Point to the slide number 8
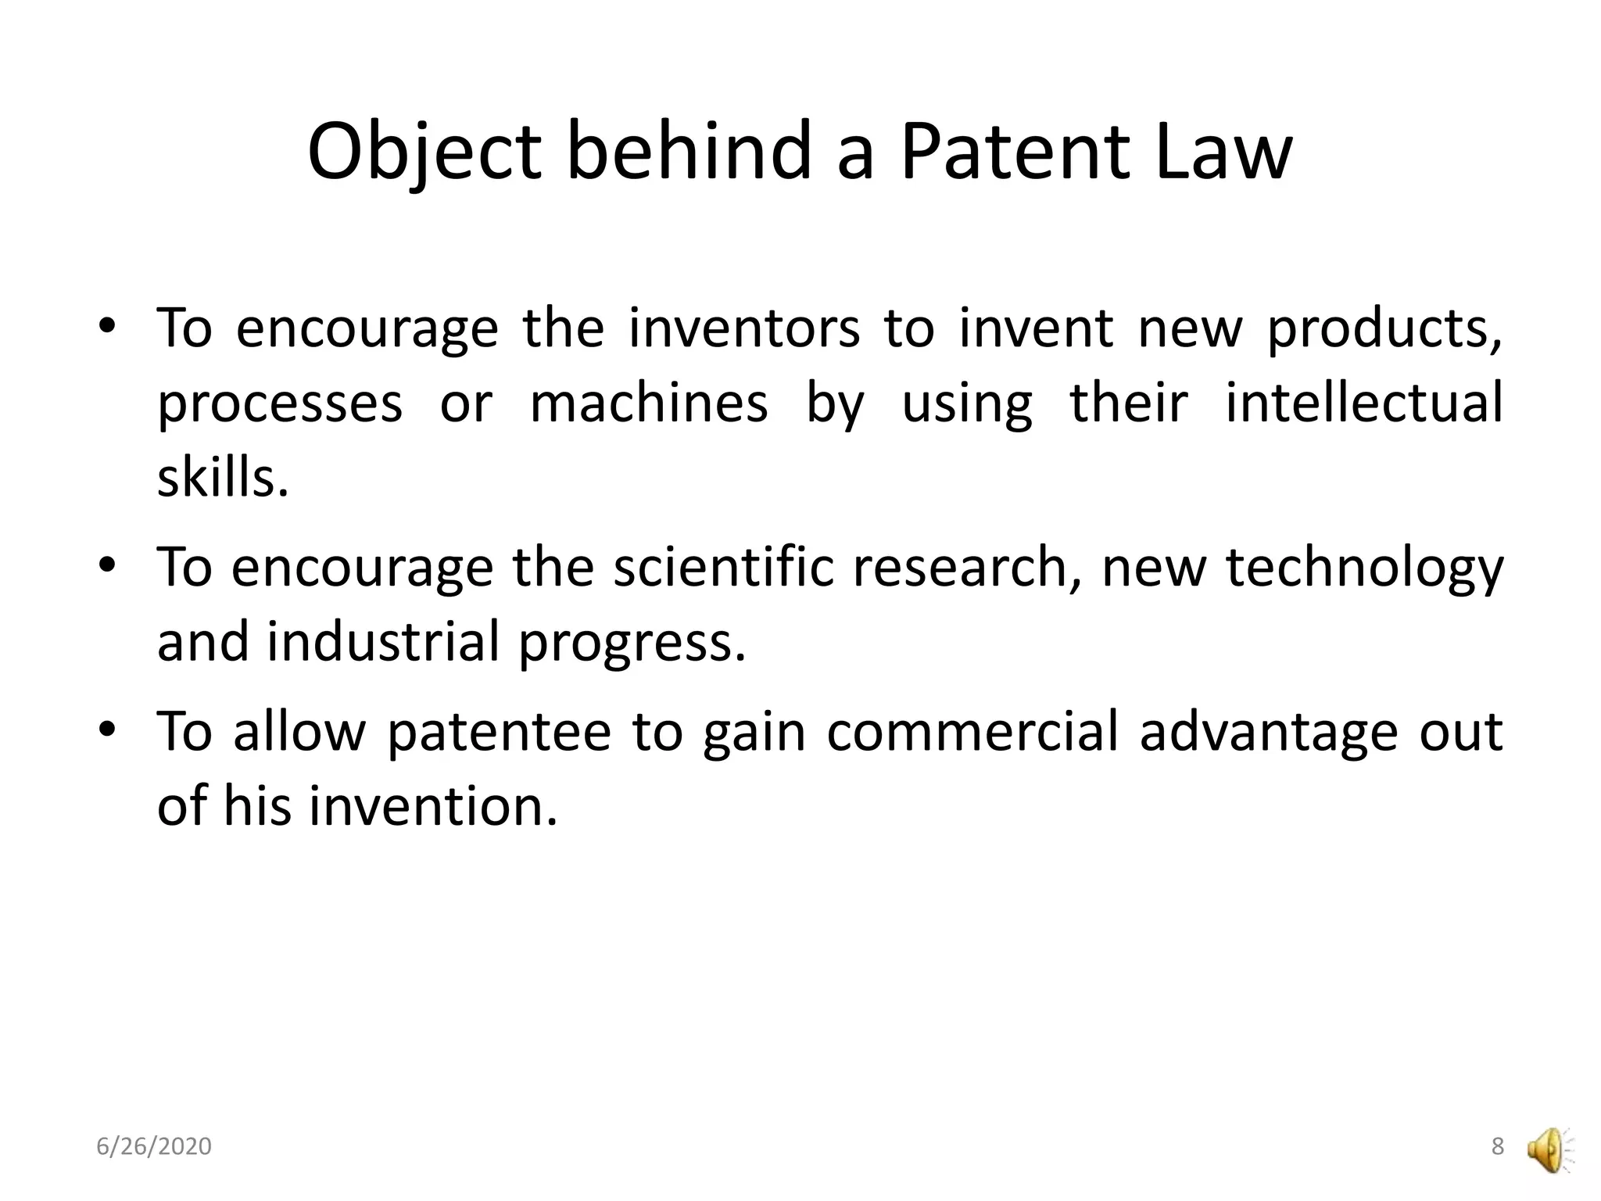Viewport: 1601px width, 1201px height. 1497,1146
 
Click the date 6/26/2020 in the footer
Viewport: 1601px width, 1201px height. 154,1146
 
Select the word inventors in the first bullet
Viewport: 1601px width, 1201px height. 743,328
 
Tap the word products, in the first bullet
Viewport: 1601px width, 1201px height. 1384,329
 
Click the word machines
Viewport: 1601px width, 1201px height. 649,403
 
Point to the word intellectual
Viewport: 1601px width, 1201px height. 1363,403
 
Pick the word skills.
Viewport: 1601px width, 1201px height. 223,479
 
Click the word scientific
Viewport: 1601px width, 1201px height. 724,566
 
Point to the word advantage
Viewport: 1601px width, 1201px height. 1267,733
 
